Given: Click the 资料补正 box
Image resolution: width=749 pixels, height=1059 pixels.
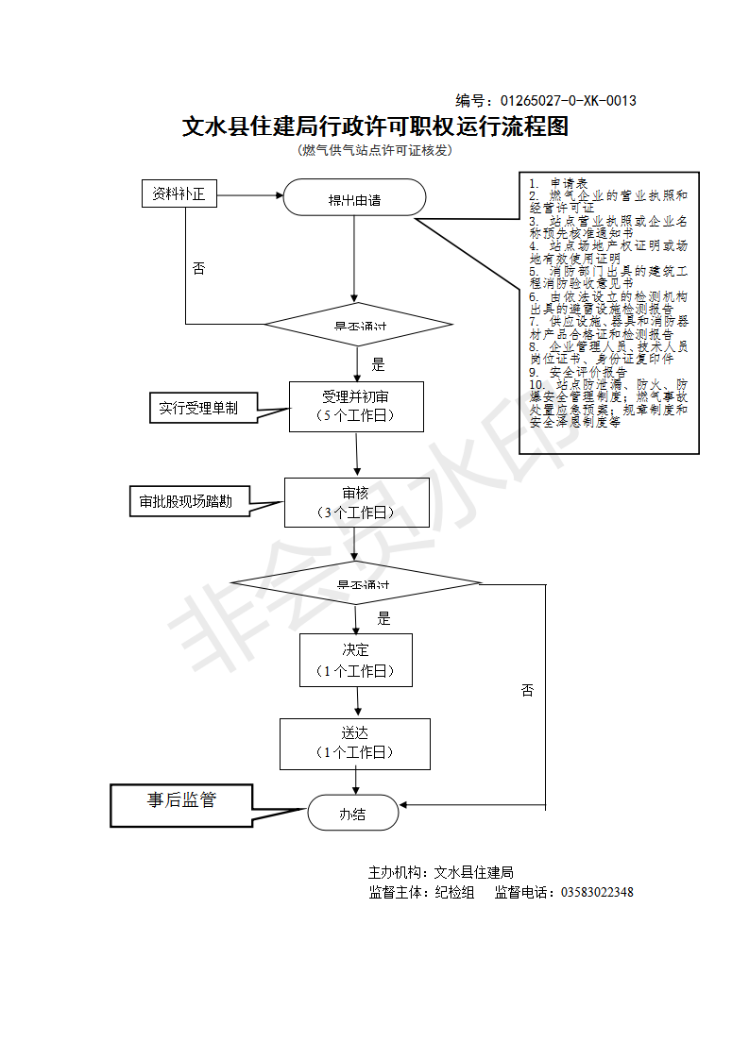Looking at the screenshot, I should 179,194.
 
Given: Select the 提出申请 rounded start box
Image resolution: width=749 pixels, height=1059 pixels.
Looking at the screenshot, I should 354,199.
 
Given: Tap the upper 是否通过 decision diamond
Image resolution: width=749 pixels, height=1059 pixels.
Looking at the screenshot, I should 358,326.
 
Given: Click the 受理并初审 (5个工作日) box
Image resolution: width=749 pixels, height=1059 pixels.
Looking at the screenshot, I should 356,407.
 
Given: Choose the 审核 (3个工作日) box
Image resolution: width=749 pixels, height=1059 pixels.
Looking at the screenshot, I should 356,502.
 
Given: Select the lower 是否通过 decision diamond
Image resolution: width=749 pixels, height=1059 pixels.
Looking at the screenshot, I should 357,583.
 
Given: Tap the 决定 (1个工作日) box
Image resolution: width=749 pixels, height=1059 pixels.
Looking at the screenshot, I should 356,660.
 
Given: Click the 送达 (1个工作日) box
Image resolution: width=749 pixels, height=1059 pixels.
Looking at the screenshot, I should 354,743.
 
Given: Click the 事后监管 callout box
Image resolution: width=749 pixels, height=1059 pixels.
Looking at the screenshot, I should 182,800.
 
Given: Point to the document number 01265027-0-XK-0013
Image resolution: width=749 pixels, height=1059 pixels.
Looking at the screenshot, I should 568,101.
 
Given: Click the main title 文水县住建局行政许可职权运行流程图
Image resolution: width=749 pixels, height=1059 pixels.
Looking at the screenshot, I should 375,126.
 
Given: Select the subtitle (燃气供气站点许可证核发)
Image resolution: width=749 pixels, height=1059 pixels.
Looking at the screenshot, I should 375,151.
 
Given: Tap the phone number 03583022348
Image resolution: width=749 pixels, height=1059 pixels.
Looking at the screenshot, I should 597,893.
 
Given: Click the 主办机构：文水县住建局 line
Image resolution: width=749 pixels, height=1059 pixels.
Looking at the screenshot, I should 440,872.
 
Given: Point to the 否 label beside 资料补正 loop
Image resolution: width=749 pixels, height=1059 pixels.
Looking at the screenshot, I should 198,268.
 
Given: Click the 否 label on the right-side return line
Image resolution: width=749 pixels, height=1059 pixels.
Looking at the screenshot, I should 527,690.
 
